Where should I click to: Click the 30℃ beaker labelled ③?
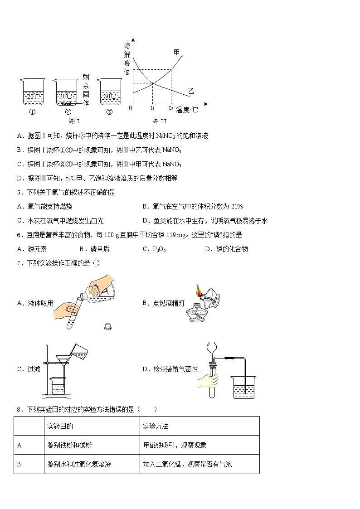(x=109, y=93)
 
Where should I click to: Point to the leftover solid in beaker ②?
(x=66, y=103)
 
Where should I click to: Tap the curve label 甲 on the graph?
(x=177, y=53)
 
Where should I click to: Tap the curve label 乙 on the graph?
(x=191, y=91)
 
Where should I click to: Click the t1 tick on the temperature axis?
(x=152, y=108)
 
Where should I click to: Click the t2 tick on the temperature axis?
(x=171, y=108)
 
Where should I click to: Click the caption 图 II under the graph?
(x=160, y=121)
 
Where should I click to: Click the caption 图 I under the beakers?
(x=74, y=121)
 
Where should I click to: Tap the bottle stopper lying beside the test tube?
(x=108, y=325)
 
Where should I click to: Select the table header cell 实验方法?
(x=156, y=427)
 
